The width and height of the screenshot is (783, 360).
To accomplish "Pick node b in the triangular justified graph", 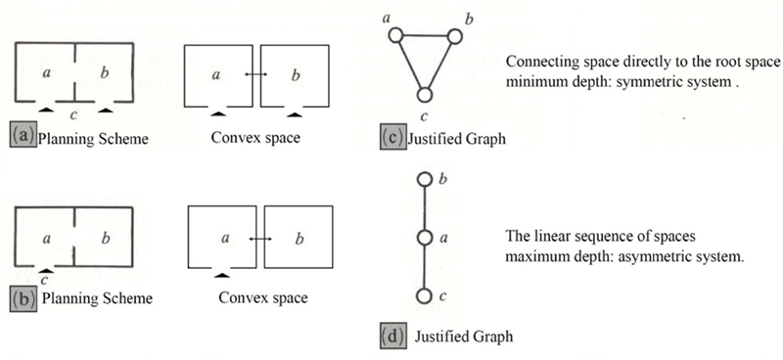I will coord(454,34).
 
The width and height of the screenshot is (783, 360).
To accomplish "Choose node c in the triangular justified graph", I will coord(424,94).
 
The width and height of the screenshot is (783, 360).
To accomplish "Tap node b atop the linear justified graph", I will coord(424,180).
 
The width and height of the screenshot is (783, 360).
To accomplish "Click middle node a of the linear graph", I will coord(424,237).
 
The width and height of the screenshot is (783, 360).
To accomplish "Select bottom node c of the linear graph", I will coord(424,294).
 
